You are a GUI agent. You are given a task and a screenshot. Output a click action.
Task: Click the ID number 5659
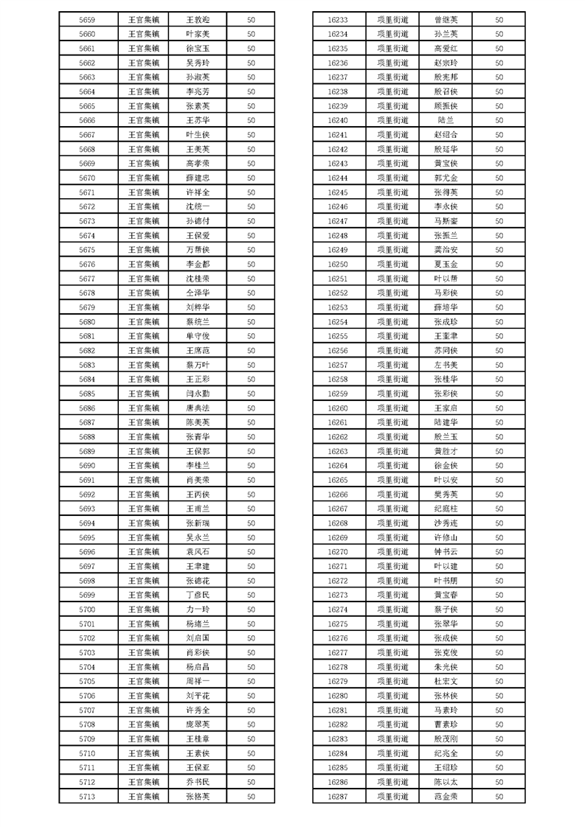tap(86, 19)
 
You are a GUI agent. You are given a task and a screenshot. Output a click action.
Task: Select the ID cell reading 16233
tap(337, 19)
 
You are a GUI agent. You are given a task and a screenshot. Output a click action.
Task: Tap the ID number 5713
tap(86, 796)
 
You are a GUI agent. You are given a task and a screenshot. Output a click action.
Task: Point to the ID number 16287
tap(337, 796)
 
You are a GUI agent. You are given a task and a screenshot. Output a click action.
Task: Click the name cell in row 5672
tap(198, 206)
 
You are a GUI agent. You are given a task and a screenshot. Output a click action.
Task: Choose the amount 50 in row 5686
tap(251, 408)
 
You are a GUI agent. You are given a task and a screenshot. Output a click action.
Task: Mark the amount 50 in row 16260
tap(499, 408)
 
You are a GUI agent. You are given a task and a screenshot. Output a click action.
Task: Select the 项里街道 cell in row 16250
tap(392, 264)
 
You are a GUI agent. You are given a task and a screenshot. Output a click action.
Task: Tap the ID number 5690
tap(86, 465)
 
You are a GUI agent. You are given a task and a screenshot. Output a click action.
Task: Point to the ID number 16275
tap(337, 624)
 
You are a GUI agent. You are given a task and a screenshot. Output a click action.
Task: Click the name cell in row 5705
tap(198, 681)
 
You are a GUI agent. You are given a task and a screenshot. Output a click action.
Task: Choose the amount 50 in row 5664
tap(251, 91)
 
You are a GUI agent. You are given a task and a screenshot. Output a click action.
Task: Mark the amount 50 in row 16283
tap(499, 739)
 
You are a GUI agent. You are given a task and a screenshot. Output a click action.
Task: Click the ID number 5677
tap(86, 279)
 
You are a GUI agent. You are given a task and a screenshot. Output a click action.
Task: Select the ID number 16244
tap(337, 178)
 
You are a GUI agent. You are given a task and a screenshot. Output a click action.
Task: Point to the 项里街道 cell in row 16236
tap(392, 63)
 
